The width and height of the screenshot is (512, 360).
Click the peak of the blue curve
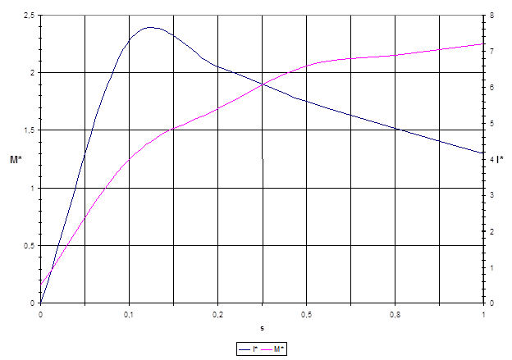[x=149, y=27]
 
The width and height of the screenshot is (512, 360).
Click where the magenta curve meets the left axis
[x=41, y=284]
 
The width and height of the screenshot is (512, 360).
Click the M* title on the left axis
[x=16, y=159]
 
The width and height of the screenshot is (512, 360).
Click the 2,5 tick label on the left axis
[x=30, y=15]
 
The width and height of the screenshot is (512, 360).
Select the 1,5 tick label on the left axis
[x=30, y=130]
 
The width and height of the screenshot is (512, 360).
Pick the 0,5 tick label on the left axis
[x=30, y=245]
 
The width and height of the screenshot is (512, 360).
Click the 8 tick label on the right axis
[x=491, y=15]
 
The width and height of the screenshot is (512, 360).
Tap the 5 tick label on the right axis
[x=491, y=123]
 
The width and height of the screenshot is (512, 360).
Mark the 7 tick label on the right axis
[x=491, y=51]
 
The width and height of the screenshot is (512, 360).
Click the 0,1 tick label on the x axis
[x=129, y=313]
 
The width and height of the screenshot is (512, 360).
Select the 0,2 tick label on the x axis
[x=217, y=313]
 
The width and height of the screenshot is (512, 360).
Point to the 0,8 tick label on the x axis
[x=395, y=313]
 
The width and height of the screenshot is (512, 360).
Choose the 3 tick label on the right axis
[x=491, y=195]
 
